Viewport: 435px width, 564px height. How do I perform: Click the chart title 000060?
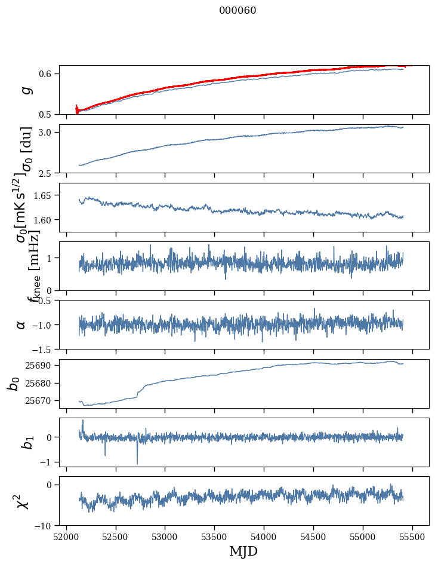pyautogui.click(x=237, y=11)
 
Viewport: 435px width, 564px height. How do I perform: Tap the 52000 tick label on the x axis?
pyautogui.click(x=66, y=537)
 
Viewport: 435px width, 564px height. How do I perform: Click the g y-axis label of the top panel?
pyautogui.click(x=25, y=90)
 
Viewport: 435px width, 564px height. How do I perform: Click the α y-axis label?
pyautogui.click(x=21, y=324)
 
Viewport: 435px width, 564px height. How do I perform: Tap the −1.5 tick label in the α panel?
pyautogui.click(x=42, y=349)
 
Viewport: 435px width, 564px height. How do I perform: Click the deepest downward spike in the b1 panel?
pyautogui.click(x=137, y=464)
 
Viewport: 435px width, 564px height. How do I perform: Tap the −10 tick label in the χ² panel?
pyautogui.click(x=44, y=526)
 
